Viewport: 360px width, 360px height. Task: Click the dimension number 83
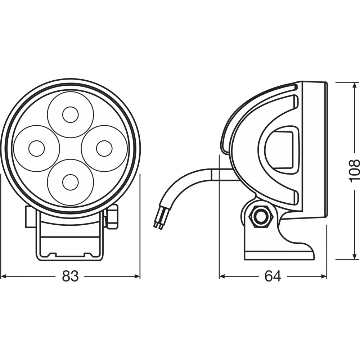click(x=70, y=276)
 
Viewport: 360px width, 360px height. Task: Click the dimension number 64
click(x=273, y=276)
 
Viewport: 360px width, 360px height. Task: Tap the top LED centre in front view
click(x=71, y=114)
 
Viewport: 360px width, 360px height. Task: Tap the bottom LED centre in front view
click(x=71, y=183)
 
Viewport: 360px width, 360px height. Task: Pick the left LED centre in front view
click(x=37, y=148)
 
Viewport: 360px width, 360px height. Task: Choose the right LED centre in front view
click(x=104, y=148)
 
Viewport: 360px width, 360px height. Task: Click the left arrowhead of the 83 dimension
click(x=4, y=276)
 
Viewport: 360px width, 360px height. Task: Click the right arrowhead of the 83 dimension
click(x=137, y=276)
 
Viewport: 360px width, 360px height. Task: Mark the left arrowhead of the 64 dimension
click(x=222, y=276)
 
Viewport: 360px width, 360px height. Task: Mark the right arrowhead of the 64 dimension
click(x=324, y=276)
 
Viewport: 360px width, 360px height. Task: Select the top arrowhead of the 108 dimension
click(x=354, y=85)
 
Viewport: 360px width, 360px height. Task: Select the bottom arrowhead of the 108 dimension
click(x=354, y=257)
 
